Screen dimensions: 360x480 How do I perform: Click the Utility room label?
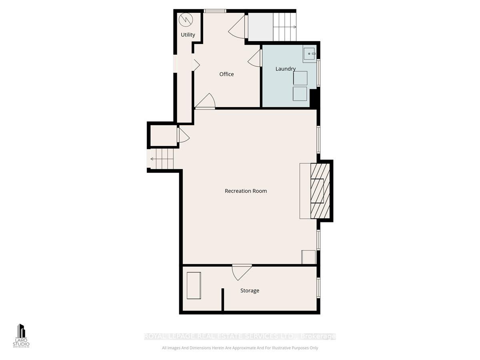click(188, 35)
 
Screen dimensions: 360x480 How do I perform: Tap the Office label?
click(226, 74)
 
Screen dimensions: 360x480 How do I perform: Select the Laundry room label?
click(286, 69)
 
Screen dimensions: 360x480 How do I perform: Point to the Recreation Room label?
click(246, 191)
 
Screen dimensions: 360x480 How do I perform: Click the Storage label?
click(250, 291)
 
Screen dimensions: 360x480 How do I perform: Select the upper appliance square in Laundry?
click(300, 78)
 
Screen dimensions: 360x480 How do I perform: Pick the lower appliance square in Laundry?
click(300, 94)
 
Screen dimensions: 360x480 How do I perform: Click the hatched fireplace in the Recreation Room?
click(320, 190)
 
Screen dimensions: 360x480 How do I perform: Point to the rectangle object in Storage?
click(194, 285)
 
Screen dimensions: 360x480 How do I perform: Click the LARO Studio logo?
click(21, 335)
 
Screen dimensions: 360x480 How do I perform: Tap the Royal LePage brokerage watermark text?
click(240, 337)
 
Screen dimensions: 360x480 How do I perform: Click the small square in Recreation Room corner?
click(308, 257)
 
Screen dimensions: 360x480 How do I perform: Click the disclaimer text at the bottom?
click(240, 348)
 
